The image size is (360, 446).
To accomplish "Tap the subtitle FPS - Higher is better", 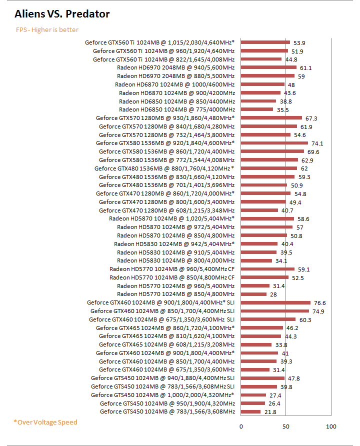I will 47,30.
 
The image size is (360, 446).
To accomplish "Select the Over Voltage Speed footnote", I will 45,422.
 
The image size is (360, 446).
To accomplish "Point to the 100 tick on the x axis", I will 331,426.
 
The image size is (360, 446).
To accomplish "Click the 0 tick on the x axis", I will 241,426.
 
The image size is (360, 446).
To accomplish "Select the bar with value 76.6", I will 275,302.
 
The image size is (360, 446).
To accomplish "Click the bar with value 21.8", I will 251,411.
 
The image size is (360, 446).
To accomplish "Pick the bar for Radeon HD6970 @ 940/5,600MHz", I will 268,67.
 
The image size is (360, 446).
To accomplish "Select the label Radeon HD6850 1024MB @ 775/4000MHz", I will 177,109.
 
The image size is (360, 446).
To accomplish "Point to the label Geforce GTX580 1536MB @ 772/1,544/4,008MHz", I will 166,160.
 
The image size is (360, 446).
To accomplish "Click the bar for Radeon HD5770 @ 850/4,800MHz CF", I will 264,277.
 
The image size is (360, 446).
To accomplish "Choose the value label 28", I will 273,294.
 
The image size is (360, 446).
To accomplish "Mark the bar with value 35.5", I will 257,109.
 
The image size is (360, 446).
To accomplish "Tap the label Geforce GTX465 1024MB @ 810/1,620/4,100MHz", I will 166,336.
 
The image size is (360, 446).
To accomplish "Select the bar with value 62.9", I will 269,160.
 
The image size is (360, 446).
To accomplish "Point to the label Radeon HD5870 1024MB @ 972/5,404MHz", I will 176,227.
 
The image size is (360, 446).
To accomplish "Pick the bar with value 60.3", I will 268,319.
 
